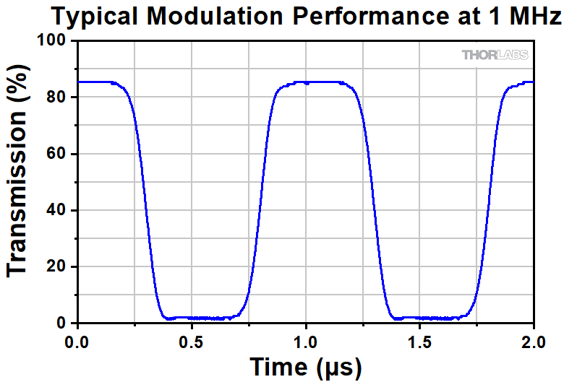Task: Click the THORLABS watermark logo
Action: [x=495, y=55]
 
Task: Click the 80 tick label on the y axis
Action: [x=59, y=97]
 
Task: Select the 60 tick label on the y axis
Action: [x=59, y=154]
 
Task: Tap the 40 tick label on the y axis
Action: [x=59, y=210]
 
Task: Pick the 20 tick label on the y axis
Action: [x=59, y=266]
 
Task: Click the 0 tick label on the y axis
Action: [x=64, y=323]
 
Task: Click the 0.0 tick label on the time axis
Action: [x=77, y=339]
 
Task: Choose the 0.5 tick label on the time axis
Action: [x=192, y=339]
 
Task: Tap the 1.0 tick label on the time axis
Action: [x=306, y=339]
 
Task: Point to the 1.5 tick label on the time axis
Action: [x=420, y=339]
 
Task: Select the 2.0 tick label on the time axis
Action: [x=534, y=339]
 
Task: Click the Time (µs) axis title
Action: [x=305, y=366]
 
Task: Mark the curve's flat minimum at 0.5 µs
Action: [x=192, y=318]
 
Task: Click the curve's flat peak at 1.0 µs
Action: [x=306, y=82]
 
